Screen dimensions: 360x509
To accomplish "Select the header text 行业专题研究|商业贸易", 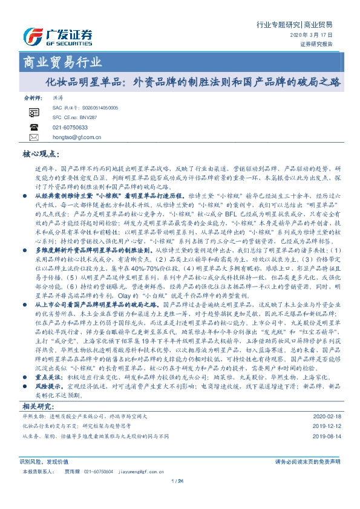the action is pos(295,25).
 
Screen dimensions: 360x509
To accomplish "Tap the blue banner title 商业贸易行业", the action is pos(58,62).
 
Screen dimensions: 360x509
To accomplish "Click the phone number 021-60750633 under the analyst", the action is pos(70,128).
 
